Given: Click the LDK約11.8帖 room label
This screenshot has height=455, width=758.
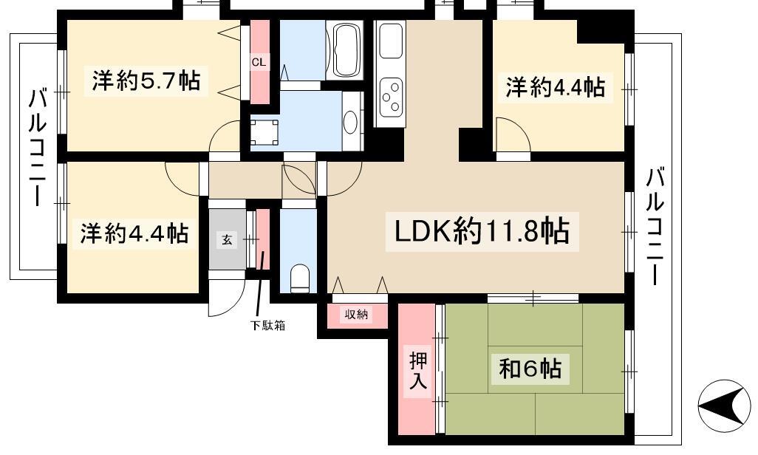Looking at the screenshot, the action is (x=482, y=231).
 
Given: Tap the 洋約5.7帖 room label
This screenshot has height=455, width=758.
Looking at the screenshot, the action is (x=146, y=81).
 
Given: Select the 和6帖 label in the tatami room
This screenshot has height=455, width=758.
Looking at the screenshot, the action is (x=530, y=369).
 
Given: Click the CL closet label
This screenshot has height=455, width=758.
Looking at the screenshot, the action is (x=259, y=62).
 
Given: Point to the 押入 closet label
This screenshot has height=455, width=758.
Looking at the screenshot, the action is (x=418, y=370).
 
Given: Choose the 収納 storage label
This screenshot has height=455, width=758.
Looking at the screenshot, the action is (x=357, y=315).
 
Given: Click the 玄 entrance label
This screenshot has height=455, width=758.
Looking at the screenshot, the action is (x=227, y=239).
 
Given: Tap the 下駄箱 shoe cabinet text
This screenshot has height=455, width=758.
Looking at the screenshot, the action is (x=267, y=326).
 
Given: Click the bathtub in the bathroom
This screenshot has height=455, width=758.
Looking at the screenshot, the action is (x=346, y=50).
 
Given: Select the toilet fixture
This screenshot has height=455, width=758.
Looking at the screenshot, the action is (x=300, y=278).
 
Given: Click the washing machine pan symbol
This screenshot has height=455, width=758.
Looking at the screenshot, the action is (x=264, y=131).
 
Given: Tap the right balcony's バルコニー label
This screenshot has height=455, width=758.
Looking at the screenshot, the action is (x=655, y=226).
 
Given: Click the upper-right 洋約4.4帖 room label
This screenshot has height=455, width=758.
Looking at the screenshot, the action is (x=556, y=87).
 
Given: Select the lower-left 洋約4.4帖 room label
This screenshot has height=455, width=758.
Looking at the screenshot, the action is (x=134, y=233).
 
